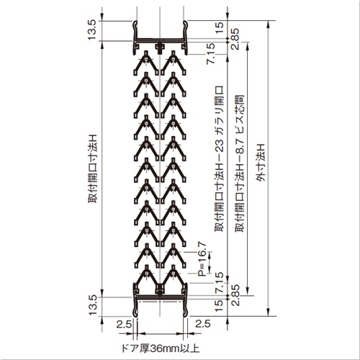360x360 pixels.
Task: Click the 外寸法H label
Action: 261,163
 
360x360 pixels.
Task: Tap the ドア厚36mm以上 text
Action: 161,348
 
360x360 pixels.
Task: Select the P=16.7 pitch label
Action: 202,259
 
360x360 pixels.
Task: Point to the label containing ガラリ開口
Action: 219,158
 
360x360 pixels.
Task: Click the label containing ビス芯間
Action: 239,163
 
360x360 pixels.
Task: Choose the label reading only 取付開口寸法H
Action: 93,168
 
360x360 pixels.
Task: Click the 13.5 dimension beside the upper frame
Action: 91,30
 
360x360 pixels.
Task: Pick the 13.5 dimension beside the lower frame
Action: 92,305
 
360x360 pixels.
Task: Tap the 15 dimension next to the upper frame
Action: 219,28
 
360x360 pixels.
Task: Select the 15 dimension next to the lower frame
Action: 219,306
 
